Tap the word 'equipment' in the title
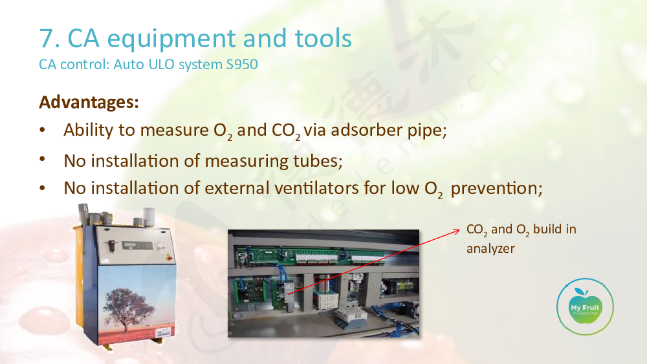click(x=171, y=40)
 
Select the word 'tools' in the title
click(x=323, y=38)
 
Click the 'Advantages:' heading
click(x=89, y=102)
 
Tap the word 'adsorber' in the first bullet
click(x=366, y=130)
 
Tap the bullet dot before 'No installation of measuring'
click(x=43, y=158)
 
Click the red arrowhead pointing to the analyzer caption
click(x=456, y=231)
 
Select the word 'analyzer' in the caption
click(x=490, y=249)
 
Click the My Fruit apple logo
click(x=585, y=306)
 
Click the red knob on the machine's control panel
click(x=168, y=257)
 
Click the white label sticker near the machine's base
click(x=162, y=332)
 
